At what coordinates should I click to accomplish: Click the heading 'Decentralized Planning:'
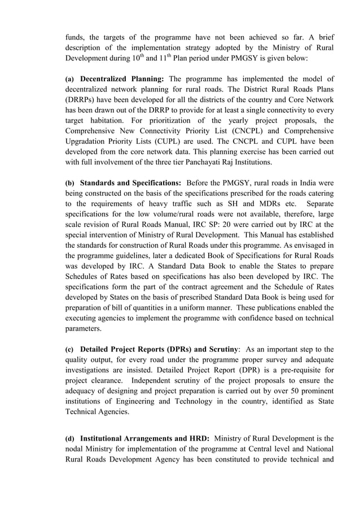tap(122, 79)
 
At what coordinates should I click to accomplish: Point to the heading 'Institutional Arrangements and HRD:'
tap(145, 438)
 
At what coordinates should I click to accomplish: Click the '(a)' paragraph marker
tap(70, 79)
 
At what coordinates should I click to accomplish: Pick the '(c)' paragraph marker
tap(70, 349)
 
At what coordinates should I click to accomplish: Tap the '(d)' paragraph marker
tap(70, 438)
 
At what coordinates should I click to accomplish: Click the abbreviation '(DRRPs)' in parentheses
tap(82, 100)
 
